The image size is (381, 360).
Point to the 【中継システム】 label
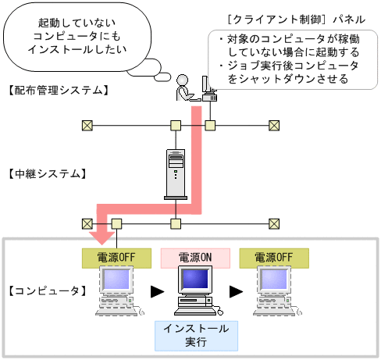pyautogui.click(x=46, y=173)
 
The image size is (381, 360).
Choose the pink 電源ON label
pyautogui.click(x=194, y=257)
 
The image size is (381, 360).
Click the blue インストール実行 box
pyautogui.click(x=194, y=335)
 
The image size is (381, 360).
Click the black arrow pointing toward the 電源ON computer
pyautogui.click(x=157, y=292)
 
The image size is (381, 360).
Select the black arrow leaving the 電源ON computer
pyautogui.click(x=235, y=292)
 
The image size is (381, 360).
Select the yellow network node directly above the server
pyautogui.click(x=176, y=125)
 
